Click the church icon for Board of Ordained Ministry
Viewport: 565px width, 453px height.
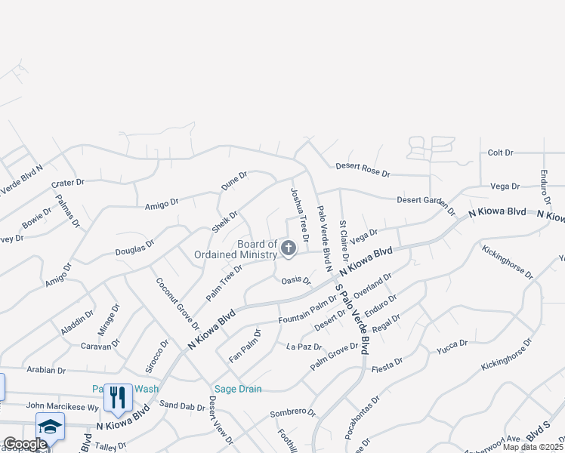(x=289, y=248)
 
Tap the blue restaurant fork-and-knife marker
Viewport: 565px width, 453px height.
(x=118, y=398)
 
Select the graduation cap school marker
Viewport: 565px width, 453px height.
(x=51, y=427)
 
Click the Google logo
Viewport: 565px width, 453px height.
(x=25, y=444)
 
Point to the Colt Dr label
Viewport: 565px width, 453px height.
(x=500, y=153)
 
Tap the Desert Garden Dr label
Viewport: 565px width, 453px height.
(x=426, y=204)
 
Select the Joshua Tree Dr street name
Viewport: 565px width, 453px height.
(x=300, y=214)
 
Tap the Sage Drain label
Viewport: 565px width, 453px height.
(x=237, y=389)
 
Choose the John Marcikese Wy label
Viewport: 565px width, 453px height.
(x=63, y=406)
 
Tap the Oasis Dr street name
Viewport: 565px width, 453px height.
(x=296, y=281)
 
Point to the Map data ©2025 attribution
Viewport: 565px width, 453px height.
(x=533, y=447)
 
